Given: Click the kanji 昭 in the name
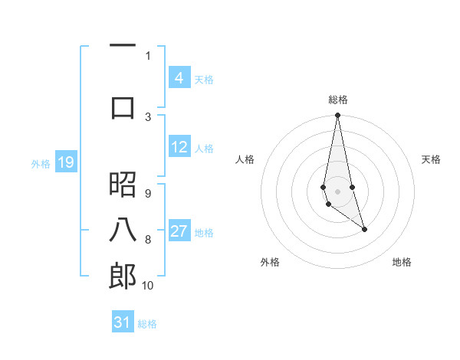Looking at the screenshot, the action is click(123, 185).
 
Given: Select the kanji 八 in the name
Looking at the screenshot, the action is click(123, 231).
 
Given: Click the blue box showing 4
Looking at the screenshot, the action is click(179, 78).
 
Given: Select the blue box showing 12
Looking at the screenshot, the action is click(179, 147).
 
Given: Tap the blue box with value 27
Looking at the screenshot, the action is click(179, 231).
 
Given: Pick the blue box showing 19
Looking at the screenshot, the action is click(65, 162).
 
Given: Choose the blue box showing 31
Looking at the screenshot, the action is click(123, 322).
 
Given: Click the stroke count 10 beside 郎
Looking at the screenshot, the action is click(147, 285).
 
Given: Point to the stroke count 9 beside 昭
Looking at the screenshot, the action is click(147, 193).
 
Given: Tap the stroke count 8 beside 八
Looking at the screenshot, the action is click(147, 240).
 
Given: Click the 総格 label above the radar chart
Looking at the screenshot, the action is click(337, 100).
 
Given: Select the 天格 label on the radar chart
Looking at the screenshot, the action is click(431, 159).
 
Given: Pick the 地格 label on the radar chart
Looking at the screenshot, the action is click(402, 262).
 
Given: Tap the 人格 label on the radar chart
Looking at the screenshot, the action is click(245, 159).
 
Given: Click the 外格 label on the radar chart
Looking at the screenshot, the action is click(270, 262).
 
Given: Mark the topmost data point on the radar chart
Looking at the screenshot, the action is click(337, 116).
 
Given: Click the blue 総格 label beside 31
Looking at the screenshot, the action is click(147, 324).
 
